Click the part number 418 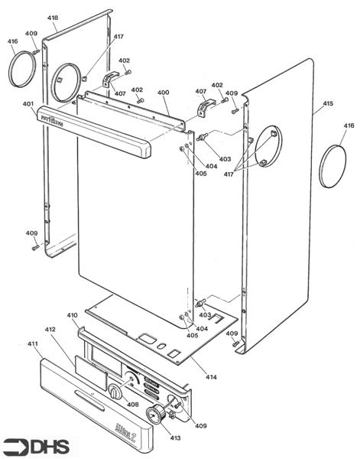click(x=52, y=18)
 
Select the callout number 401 click(x=28, y=104)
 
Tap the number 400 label click(x=163, y=93)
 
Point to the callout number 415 click(x=328, y=103)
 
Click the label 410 click(x=73, y=315)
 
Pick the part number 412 click(x=50, y=330)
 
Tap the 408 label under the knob click(x=133, y=405)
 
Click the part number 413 click(x=175, y=438)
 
